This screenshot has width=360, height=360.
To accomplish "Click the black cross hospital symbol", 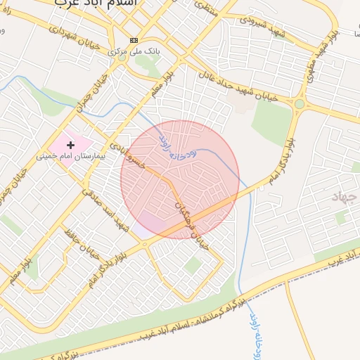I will (x=70, y=144).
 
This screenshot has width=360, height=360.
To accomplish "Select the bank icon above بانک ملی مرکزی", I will (x=134, y=40).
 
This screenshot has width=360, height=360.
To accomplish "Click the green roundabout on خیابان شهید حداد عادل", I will (x=300, y=105).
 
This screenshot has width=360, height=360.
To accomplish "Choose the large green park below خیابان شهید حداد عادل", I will (x=271, y=124).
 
